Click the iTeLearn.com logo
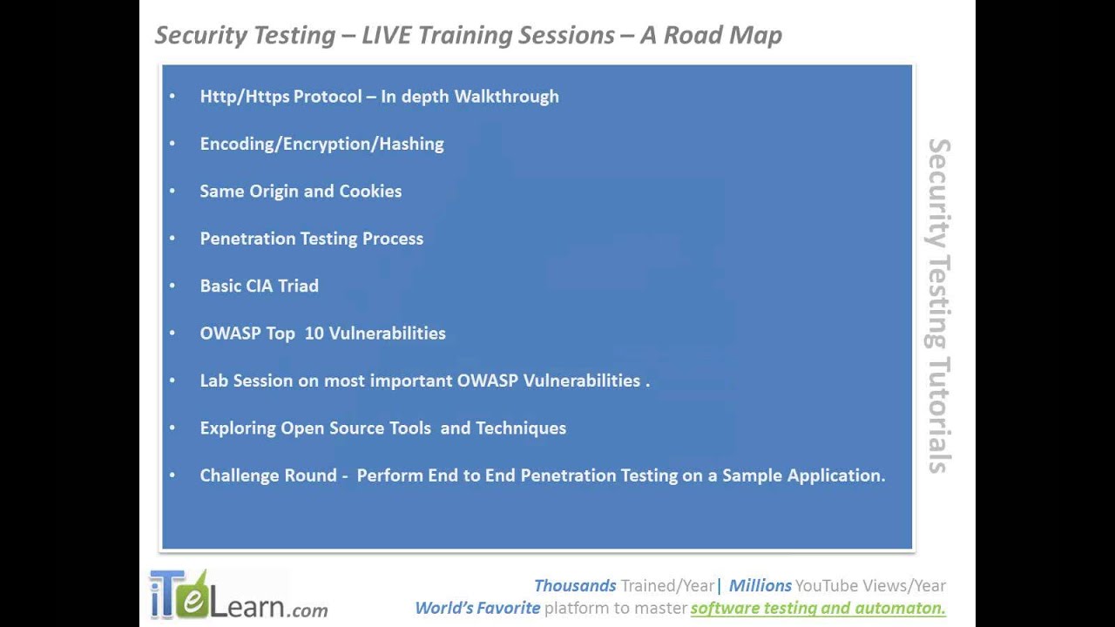pos(238,596)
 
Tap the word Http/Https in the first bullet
pos(244,97)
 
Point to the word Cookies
pos(370,192)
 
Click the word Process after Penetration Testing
pos(392,239)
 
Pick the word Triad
pos(298,286)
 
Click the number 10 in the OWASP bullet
pos(314,334)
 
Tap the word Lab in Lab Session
pos(213,381)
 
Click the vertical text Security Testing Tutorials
pos(938,306)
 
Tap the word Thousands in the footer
pos(575,586)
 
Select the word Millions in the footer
pos(760,586)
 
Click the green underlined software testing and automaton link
pos(818,608)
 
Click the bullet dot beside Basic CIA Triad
pos(172,286)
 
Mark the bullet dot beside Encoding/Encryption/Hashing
pos(172,145)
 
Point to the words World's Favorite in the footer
pos(477,608)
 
